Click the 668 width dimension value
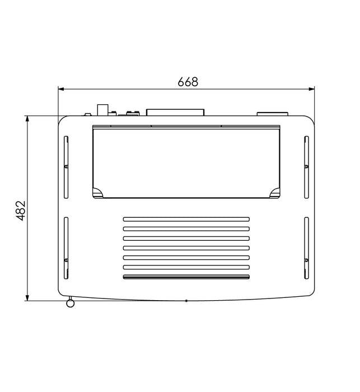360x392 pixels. click(x=188, y=82)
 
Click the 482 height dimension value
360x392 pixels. click(x=21, y=211)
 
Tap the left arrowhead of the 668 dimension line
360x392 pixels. click(x=62, y=88)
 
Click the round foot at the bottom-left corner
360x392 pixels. click(x=71, y=304)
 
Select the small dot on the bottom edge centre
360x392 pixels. click(x=186, y=301)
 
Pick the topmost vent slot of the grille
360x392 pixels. click(x=186, y=218)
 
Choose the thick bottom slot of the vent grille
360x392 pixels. click(x=186, y=277)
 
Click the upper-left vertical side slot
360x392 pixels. click(x=66, y=166)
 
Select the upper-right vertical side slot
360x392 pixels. click(x=306, y=166)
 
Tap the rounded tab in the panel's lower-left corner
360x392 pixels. click(x=97, y=193)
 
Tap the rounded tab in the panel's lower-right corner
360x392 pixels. click(x=274, y=193)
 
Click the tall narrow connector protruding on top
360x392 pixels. click(x=103, y=109)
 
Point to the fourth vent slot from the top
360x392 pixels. click(x=186, y=248)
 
